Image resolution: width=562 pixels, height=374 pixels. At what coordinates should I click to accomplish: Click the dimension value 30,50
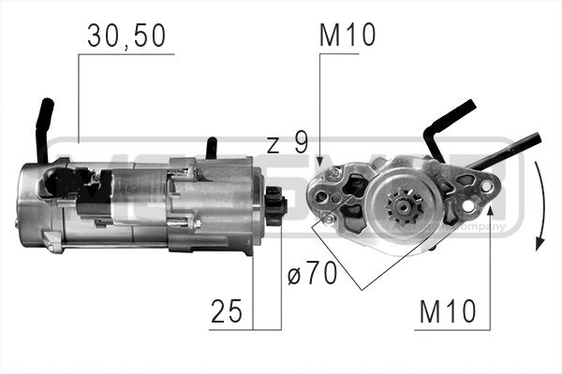[x=126, y=36]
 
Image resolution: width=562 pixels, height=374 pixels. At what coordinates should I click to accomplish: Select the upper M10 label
[x=348, y=36]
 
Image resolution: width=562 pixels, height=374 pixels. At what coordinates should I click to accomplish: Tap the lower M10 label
[x=447, y=311]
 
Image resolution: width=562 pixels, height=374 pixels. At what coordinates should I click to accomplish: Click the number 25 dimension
[x=228, y=311]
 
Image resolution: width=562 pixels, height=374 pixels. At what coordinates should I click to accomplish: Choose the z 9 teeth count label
[x=287, y=143]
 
